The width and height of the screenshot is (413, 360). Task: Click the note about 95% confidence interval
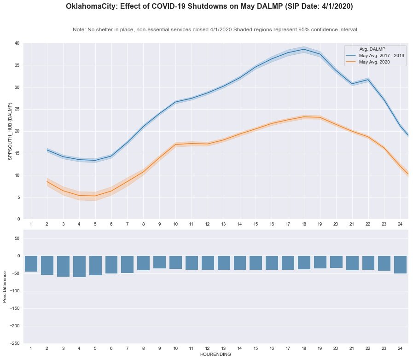click(x=215, y=29)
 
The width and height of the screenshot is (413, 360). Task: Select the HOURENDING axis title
click(x=215, y=354)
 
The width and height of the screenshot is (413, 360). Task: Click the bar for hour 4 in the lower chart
click(x=79, y=267)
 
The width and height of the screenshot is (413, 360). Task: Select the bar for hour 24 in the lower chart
click(x=400, y=265)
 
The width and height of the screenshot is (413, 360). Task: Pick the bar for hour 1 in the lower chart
click(x=31, y=264)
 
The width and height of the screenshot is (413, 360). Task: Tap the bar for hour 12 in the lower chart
click(x=208, y=263)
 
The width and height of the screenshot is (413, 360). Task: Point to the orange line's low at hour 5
click(x=95, y=196)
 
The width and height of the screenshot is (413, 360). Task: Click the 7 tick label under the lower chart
click(x=127, y=348)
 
